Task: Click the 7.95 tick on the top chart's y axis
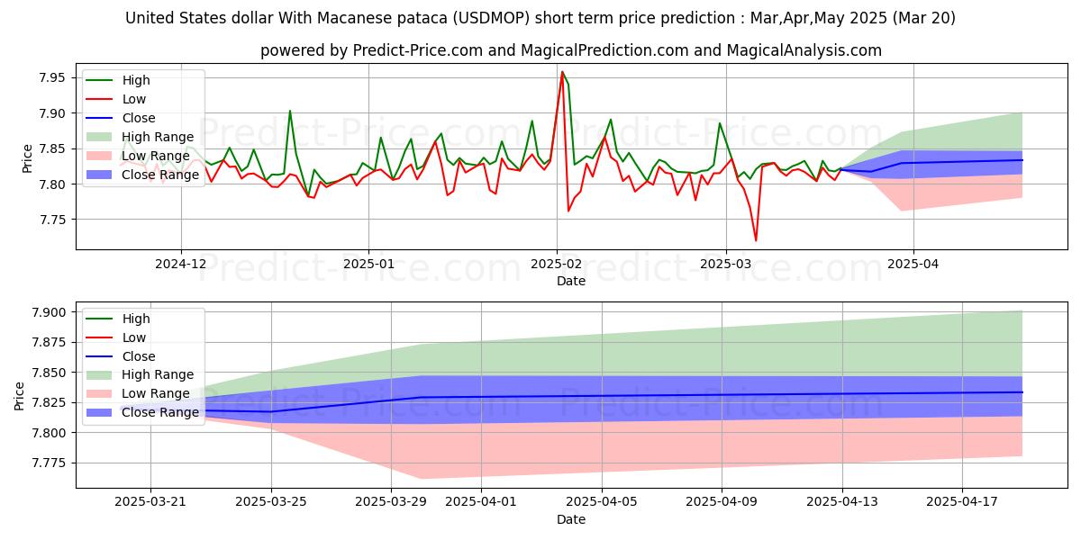click(x=52, y=78)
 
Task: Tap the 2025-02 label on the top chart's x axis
click(x=556, y=264)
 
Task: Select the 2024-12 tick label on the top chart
click(x=181, y=264)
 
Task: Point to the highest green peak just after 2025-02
click(x=562, y=72)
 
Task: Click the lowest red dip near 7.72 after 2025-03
click(x=756, y=240)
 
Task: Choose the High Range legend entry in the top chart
click(x=158, y=136)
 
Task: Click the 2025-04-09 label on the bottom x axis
click(x=722, y=502)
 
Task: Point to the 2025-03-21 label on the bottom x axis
click(x=150, y=502)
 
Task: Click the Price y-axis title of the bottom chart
click(x=20, y=395)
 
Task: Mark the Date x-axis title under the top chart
click(x=570, y=281)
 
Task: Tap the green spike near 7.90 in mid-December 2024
click(x=289, y=111)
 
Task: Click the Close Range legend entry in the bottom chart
click(x=160, y=412)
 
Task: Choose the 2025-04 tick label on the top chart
click(x=913, y=264)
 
